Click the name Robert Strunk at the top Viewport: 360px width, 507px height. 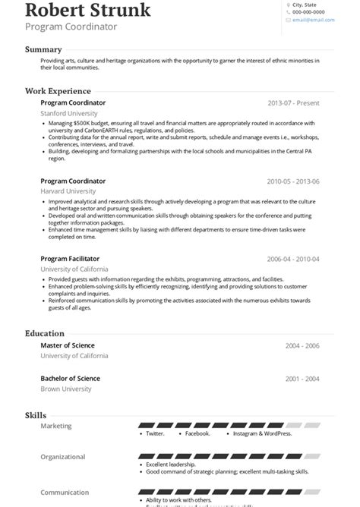click(87, 10)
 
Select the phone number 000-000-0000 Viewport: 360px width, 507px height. click(308, 13)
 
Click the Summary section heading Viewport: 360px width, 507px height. click(43, 49)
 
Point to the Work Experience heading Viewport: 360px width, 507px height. click(58, 91)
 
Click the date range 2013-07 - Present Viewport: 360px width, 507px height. click(293, 103)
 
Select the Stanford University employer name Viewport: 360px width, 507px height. click(69, 113)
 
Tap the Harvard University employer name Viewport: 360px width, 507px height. click(68, 192)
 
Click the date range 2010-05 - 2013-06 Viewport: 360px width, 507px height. click(293, 182)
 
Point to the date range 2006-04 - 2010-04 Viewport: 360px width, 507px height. click(293, 260)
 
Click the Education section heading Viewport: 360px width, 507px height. click(44, 333)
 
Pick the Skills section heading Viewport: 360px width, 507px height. click(36, 416)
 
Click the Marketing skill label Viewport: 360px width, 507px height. click(56, 426)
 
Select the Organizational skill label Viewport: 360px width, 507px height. click(63, 458)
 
